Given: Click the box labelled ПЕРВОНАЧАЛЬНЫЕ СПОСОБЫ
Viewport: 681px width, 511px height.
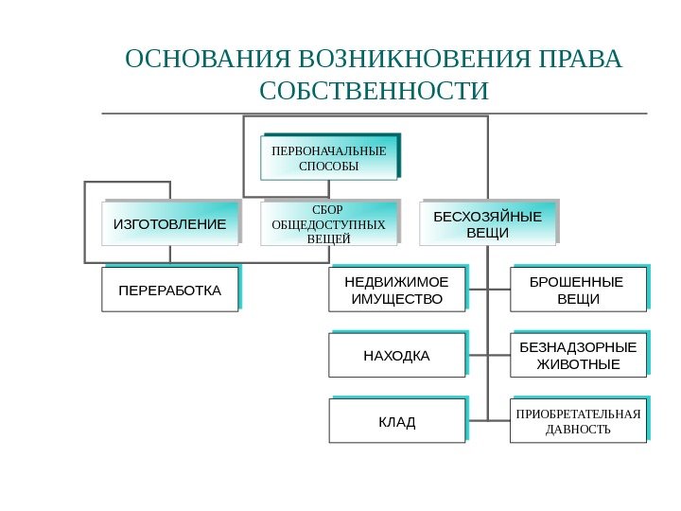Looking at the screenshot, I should [x=328, y=158].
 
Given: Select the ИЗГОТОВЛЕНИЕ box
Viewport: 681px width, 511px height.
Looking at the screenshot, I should [x=170, y=224].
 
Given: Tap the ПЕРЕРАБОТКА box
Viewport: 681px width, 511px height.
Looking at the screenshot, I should [x=170, y=289].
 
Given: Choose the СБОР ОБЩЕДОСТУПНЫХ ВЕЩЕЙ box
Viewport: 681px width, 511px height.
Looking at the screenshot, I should [x=328, y=223].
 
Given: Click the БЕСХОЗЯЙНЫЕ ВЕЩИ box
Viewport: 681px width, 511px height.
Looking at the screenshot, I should [x=488, y=223].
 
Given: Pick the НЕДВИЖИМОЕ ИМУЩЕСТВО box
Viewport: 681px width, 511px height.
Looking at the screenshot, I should [x=396, y=290].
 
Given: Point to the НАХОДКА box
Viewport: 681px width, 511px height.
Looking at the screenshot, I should [x=396, y=356].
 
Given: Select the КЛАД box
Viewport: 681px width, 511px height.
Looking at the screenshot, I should [x=396, y=421].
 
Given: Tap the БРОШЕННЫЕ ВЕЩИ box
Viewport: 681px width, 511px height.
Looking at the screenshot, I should [x=578, y=290].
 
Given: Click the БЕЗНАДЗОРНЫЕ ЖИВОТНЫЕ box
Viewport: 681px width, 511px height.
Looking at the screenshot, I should [x=578, y=355].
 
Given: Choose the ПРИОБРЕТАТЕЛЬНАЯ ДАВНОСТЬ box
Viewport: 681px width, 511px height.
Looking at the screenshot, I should [x=578, y=421].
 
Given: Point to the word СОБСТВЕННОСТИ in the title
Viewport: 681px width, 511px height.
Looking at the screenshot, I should [x=375, y=92].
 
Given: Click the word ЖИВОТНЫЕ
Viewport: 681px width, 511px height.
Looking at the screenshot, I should [x=578, y=364].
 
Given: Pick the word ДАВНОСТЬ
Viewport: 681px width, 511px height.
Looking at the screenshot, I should [x=578, y=430].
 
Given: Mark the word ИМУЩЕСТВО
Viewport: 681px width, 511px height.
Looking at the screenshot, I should [x=396, y=299].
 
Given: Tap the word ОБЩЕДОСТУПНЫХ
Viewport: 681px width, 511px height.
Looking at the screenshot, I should [x=328, y=224].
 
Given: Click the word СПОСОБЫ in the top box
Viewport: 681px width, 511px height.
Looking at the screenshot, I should [x=328, y=167].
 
